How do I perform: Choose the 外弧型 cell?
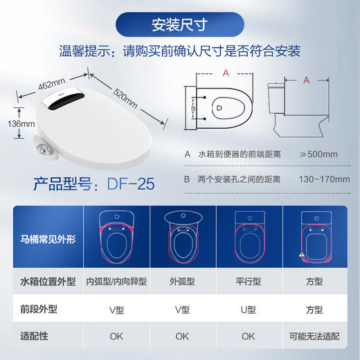[181, 282]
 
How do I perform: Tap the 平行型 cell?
[249, 282]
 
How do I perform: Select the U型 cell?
[249, 309]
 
